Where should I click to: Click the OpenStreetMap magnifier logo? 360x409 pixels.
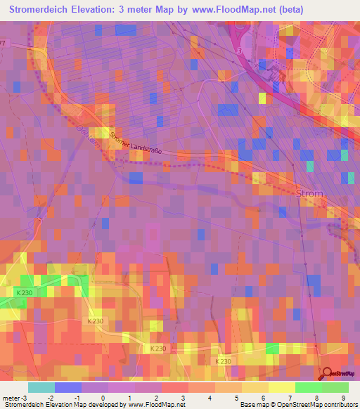[x=327, y=375]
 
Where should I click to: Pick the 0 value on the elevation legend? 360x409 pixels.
[x=103, y=398]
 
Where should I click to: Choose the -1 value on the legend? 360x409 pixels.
[x=76, y=398]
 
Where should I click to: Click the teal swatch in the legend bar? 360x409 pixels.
[x=41, y=387]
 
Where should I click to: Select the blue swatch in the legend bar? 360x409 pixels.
[x=67, y=387]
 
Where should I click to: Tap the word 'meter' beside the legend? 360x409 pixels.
[x=11, y=398]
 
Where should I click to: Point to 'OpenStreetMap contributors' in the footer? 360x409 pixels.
[x=318, y=405]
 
